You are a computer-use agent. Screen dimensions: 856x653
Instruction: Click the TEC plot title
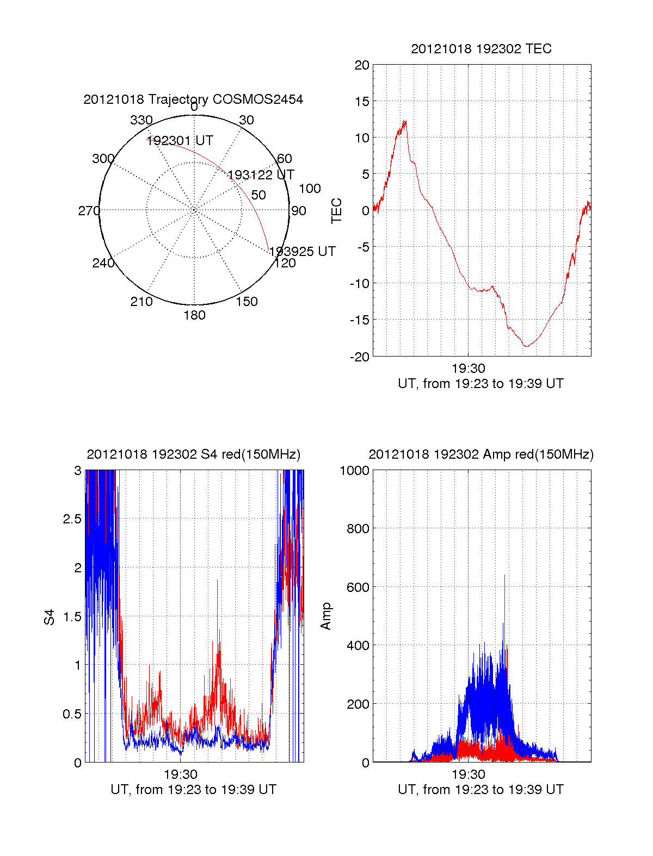(x=481, y=49)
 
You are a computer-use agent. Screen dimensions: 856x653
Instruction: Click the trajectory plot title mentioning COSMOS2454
(x=193, y=99)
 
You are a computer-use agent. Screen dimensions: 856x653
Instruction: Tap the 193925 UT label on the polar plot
(x=303, y=251)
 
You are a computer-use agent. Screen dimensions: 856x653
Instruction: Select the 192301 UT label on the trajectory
(x=180, y=141)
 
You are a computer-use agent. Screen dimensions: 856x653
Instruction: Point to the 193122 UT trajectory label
(x=261, y=175)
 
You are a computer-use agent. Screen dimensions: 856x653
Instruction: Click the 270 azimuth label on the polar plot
(x=89, y=211)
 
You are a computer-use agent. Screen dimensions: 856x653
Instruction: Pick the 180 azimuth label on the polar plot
(x=194, y=315)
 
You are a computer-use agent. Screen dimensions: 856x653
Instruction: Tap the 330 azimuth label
(x=141, y=120)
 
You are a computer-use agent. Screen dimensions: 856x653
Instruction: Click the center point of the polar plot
(x=194, y=210)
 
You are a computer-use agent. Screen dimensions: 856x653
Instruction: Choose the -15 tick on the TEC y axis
(x=359, y=320)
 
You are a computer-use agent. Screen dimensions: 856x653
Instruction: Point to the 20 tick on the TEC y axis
(x=362, y=65)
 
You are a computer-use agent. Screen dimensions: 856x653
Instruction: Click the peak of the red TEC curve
(x=405, y=121)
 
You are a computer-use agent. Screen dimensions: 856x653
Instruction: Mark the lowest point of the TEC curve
(x=526, y=346)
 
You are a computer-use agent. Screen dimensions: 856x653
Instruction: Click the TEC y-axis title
(x=337, y=211)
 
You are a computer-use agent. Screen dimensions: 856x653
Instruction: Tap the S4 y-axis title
(x=50, y=617)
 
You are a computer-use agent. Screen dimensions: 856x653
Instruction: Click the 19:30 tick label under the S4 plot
(x=181, y=774)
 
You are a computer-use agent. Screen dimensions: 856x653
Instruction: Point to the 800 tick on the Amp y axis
(x=357, y=529)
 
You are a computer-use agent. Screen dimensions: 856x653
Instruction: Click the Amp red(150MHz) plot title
(x=481, y=454)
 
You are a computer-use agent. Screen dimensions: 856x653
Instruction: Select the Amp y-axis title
(x=326, y=616)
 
